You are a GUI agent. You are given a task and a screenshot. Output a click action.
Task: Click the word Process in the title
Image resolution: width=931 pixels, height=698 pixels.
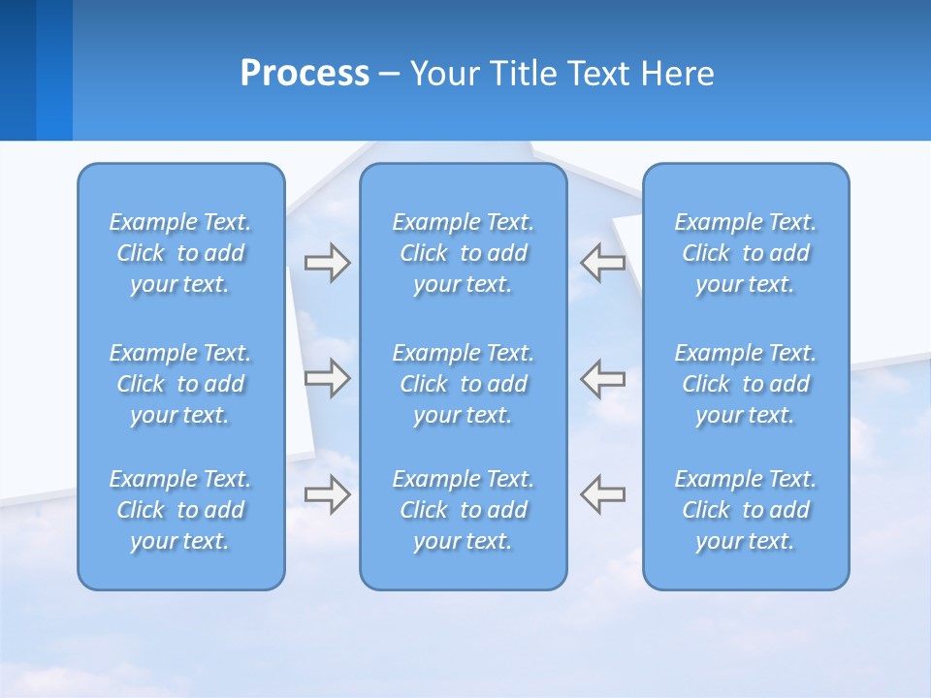click(305, 74)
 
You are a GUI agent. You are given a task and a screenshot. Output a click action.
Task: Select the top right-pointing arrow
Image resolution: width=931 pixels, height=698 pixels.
click(327, 263)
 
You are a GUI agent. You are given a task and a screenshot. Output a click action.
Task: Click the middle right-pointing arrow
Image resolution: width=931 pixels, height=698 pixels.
click(327, 378)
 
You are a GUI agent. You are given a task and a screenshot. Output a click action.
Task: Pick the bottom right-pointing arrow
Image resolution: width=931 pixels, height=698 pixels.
click(327, 493)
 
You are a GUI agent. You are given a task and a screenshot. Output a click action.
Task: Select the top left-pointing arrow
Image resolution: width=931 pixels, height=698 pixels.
click(602, 263)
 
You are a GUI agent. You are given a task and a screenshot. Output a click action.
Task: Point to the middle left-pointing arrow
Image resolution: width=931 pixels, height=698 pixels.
click(602, 378)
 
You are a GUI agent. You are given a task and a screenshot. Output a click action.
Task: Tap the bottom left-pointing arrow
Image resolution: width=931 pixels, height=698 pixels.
click(602, 493)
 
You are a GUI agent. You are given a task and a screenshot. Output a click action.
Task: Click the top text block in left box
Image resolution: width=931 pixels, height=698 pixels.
click(180, 253)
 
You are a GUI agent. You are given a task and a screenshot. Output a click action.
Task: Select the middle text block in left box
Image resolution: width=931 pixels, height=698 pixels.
click(180, 384)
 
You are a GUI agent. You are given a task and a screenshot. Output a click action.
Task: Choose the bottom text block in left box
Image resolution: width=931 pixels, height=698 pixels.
click(180, 510)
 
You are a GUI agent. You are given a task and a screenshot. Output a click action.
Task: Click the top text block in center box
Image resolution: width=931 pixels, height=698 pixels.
click(464, 253)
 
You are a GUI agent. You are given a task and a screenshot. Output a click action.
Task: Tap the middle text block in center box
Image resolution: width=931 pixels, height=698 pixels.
click(464, 384)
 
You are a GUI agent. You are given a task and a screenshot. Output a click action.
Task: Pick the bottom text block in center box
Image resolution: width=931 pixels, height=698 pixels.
click(464, 510)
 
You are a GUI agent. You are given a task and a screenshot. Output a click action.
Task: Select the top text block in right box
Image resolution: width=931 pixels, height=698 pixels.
click(746, 253)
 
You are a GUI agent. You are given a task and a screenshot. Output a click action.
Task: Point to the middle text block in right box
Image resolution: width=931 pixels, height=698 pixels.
click(746, 384)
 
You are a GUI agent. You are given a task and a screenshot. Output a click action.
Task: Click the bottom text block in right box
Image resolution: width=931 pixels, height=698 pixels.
click(746, 510)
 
